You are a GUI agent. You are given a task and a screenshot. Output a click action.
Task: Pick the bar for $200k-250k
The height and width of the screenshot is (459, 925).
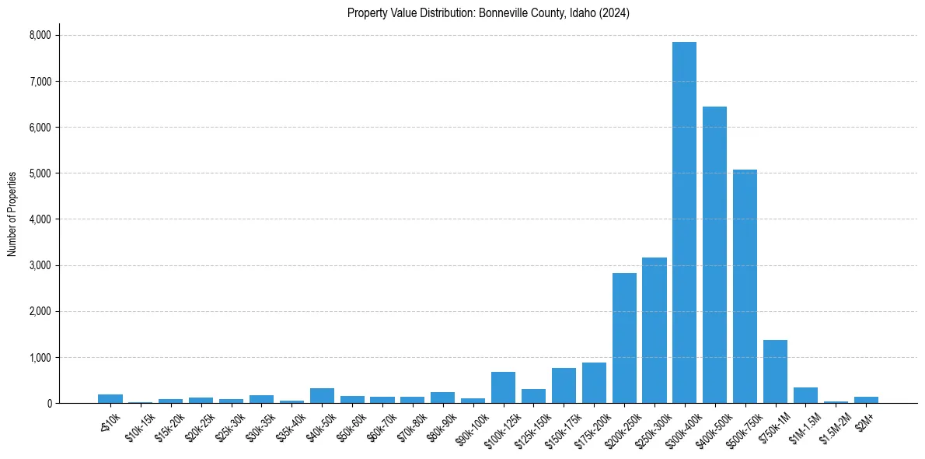point(624,338)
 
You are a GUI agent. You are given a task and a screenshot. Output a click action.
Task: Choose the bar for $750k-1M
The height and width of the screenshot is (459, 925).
point(775,372)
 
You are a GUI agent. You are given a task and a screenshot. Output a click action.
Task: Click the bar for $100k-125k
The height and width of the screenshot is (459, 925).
point(503,388)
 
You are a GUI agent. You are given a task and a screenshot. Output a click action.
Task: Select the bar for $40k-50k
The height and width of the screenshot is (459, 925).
point(322,396)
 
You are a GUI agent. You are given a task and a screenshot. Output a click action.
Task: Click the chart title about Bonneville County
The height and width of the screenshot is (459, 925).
point(488,12)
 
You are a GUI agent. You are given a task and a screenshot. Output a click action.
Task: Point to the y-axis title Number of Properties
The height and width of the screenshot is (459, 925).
point(12,214)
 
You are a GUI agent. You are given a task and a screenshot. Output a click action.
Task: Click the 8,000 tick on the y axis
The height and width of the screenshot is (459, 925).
point(40,35)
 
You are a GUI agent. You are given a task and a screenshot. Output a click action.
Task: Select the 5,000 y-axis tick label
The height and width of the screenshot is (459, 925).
point(40,173)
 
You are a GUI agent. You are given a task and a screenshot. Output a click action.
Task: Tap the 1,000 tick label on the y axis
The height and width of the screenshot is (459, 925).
point(40,358)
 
